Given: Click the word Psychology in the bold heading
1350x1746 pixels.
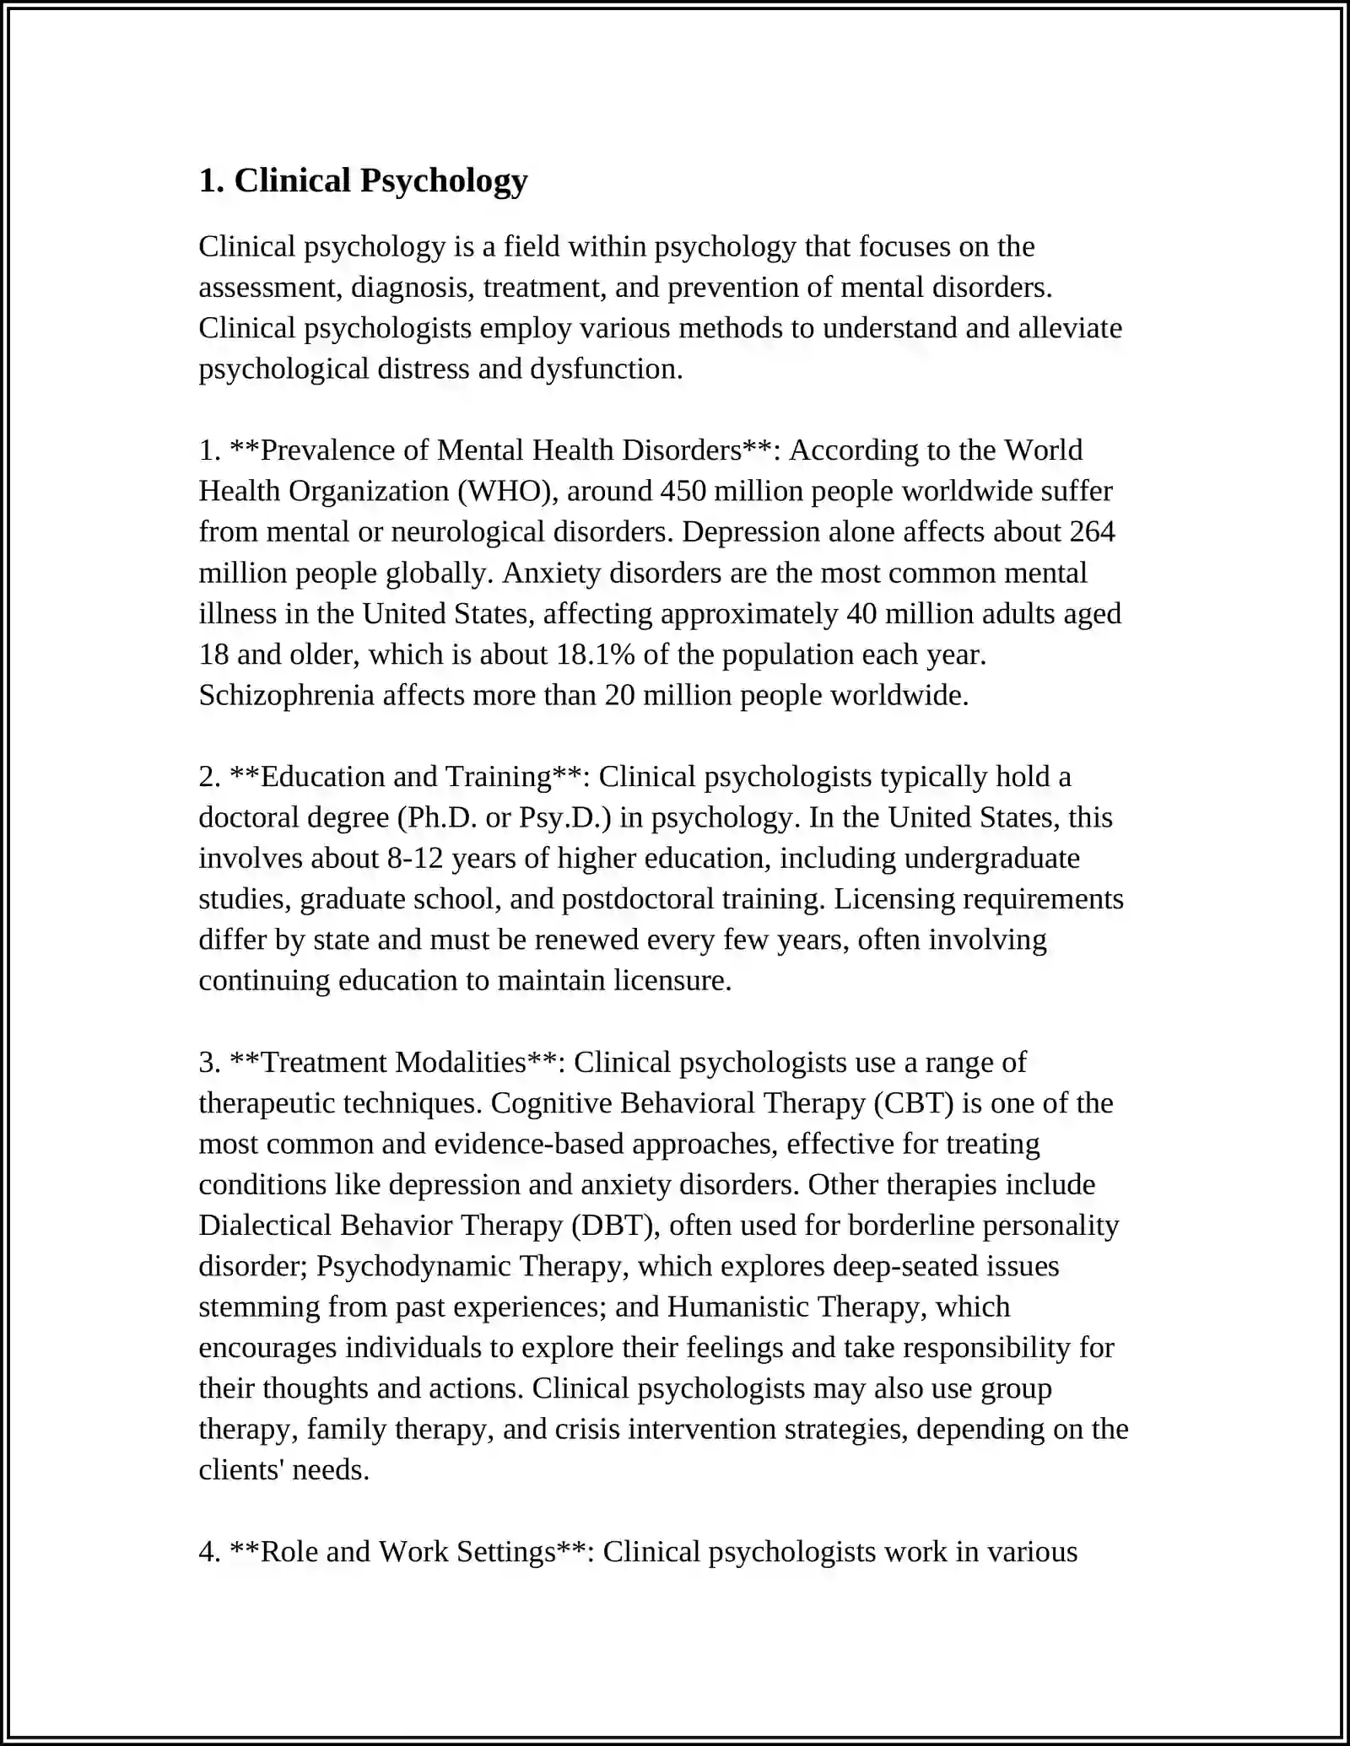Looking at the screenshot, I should [x=444, y=181].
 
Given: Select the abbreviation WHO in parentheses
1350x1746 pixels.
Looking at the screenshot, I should [x=506, y=492].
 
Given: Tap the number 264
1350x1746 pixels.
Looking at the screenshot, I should [x=1092, y=532].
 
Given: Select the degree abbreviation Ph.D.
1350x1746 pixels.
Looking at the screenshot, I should [x=436, y=818].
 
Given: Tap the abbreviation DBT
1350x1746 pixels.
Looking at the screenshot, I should [x=613, y=1226].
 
